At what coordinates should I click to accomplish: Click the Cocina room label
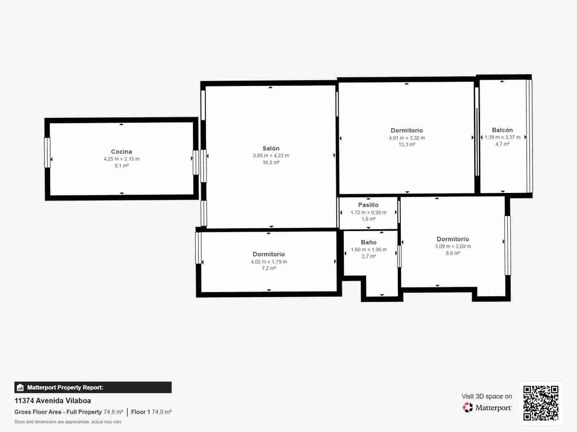[x=122, y=152]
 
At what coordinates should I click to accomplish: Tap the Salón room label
[x=271, y=148]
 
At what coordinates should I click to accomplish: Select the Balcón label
[x=502, y=130]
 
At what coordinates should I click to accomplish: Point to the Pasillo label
[x=368, y=205]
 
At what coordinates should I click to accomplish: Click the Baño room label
[x=369, y=242]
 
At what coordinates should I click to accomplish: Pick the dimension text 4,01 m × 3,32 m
[x=407, y=138]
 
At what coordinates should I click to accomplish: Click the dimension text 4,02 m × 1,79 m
[x=269, y=262]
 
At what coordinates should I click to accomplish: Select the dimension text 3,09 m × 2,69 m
[x=453, y=246]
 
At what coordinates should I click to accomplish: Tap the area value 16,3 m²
[x=271, y=162]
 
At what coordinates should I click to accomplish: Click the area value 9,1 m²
[x=122, y=166]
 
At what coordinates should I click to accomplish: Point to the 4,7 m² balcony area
[x=502, y=144]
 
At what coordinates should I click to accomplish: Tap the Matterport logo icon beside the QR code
[x=468, y=408]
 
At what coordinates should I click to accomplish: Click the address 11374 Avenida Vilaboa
[x=53, y=401]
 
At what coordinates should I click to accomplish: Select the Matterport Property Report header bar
[x=93, y=387]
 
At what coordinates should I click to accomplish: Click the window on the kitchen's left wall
[x=47, y=153]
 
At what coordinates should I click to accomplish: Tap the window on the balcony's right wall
[x=529, y=136]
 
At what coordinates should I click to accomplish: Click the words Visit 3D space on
[x=486, y=396]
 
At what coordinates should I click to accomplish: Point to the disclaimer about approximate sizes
[x=68, y=422]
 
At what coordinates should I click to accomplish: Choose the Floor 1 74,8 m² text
[x=151, y=412]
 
